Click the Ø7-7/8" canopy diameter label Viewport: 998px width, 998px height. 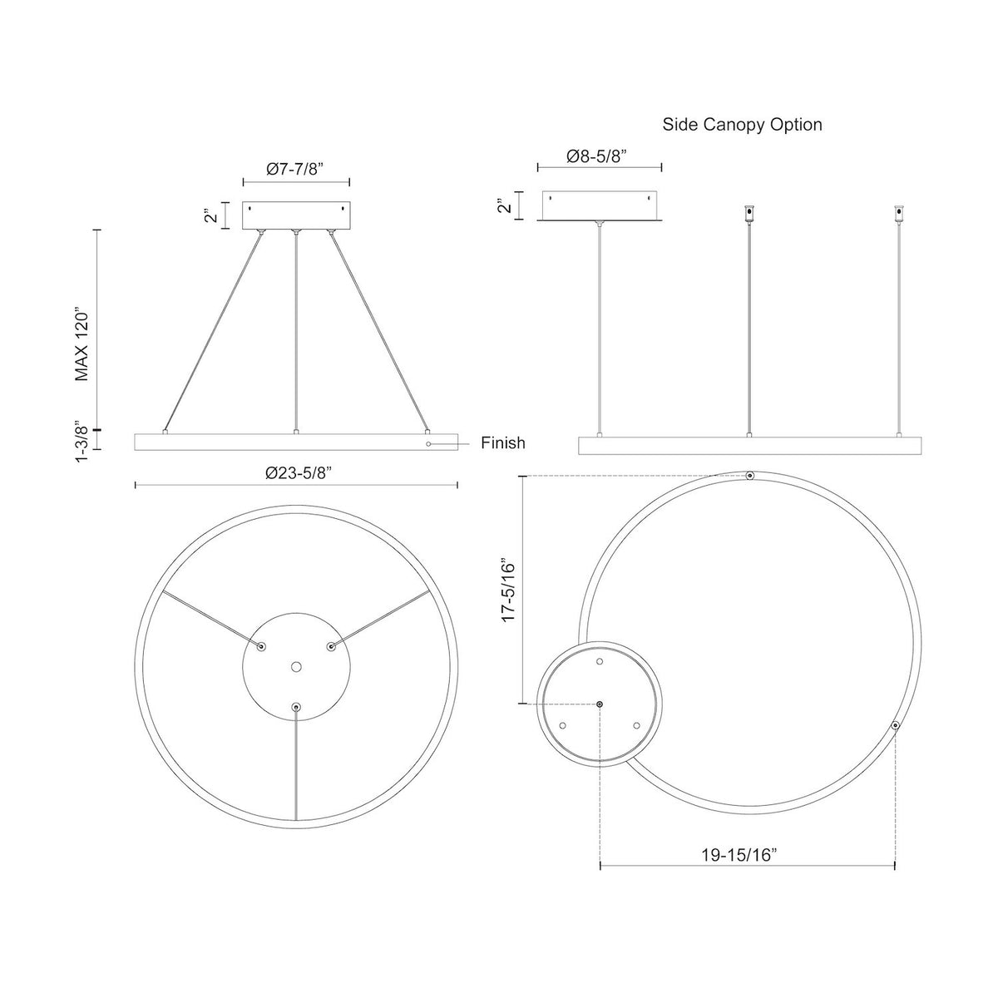pos(295,169)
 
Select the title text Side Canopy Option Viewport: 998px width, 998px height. pos(742,125)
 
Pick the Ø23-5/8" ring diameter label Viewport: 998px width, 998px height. pos(299,473)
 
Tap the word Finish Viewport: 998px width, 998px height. pos(503,442)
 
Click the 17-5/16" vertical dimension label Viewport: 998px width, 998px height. pos(509,590)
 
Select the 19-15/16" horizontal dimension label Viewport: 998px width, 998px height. pos(739,855)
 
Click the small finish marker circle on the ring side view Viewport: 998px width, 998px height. pos(428,444)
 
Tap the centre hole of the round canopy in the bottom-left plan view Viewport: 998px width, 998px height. pos(296,667)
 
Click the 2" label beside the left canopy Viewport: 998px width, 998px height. pos(210,215)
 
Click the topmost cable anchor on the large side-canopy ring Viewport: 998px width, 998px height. pos(749,476)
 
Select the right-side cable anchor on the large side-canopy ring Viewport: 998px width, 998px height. pos(895,725)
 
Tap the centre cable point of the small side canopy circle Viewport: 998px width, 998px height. pos(600,704)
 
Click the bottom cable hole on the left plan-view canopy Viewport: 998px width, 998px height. pos(296,706)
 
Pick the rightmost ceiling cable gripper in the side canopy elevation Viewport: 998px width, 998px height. pos(900,215)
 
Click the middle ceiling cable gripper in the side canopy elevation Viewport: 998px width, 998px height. pos(748,215)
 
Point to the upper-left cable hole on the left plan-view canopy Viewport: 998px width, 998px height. pos(261,646)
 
